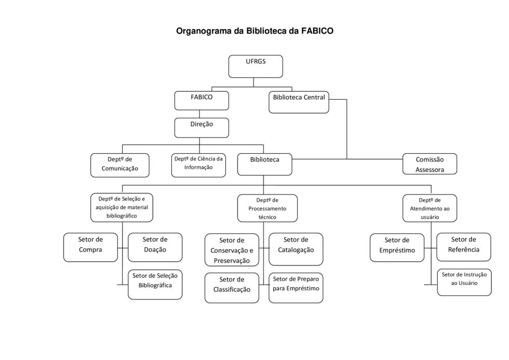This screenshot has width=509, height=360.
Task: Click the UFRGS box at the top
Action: point(256,66)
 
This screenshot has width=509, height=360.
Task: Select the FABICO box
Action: point(201,100)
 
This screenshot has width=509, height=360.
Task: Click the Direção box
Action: point(201,127)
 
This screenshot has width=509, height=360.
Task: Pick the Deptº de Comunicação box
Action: point(119,165)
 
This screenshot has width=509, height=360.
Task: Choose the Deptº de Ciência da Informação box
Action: point(198,165)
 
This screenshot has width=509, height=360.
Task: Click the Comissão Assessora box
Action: point(430,164)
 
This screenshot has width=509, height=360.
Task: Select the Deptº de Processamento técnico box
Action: point(267,208)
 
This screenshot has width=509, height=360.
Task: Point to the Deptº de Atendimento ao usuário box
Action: point(430,208)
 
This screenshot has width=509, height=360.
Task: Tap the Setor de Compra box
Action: point(90,247)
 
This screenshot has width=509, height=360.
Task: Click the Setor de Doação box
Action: point(155,247)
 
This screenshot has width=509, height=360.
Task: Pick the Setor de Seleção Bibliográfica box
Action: point(155,284)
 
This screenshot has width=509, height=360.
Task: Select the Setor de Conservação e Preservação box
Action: point(232,250)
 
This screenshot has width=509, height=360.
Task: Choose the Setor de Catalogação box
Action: point(296,249)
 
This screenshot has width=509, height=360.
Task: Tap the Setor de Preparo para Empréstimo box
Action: point(296,287)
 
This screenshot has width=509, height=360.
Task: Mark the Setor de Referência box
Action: point(463,247)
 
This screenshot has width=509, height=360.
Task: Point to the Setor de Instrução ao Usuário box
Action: point(464,282)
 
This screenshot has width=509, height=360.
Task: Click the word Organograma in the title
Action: point(204,31)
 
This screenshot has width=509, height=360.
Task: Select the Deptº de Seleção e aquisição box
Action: point(122,207)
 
